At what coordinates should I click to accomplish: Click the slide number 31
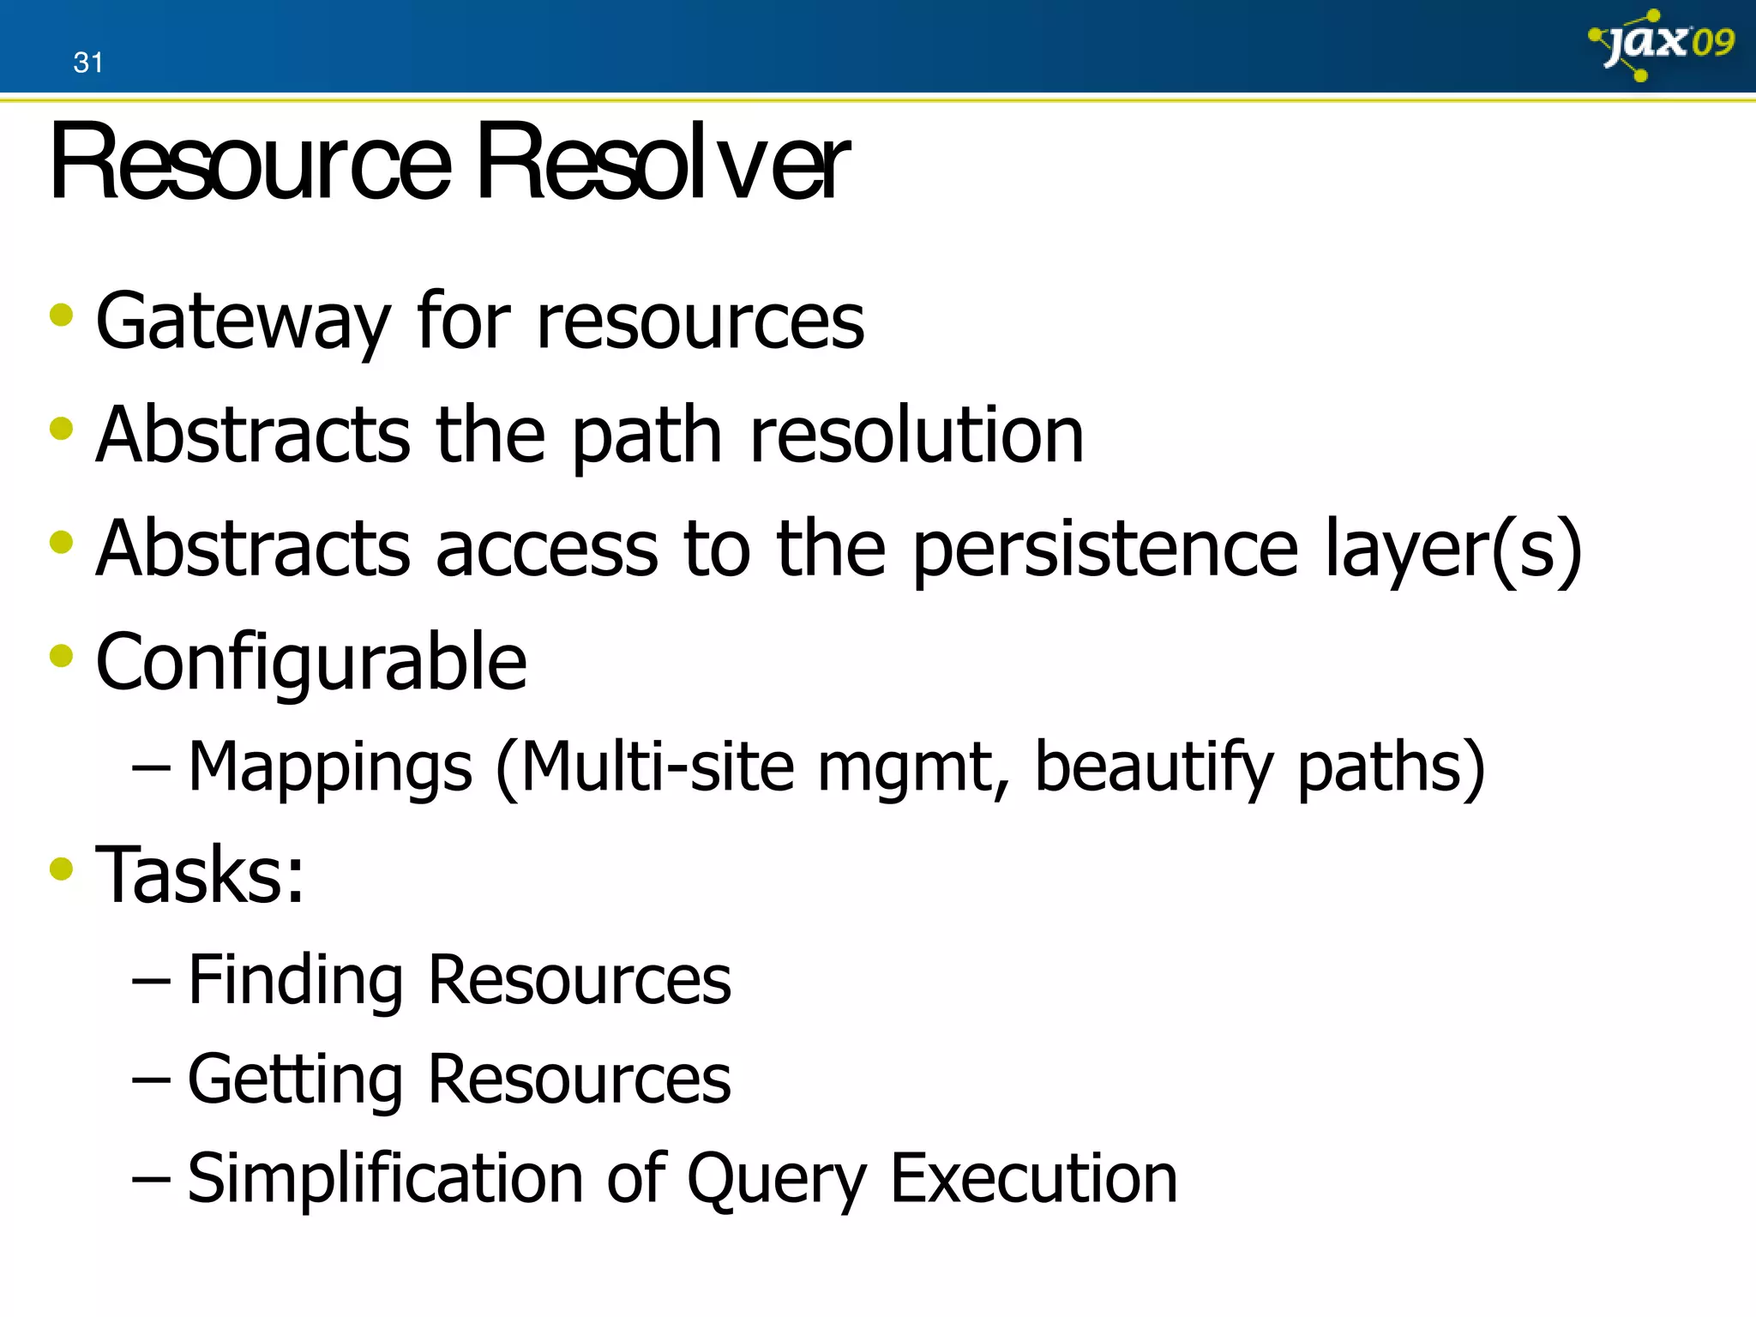[88, 63]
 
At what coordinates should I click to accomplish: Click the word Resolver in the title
[662, 162]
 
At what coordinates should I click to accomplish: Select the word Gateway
[244, 322]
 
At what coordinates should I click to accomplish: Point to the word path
[647, 436]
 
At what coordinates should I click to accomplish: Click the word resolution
[917, 436]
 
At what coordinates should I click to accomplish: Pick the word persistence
[1105, 550]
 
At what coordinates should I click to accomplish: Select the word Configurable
[311, 663]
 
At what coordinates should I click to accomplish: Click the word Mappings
[330, 767]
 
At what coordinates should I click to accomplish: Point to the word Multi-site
[657, 767]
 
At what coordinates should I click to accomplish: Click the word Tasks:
[200, 875]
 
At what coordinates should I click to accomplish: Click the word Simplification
[385, 1179]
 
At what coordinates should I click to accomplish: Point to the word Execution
[1034, 1179]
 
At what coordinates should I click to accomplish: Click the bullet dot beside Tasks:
[62, 869]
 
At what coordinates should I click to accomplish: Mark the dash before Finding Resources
[151, 980]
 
